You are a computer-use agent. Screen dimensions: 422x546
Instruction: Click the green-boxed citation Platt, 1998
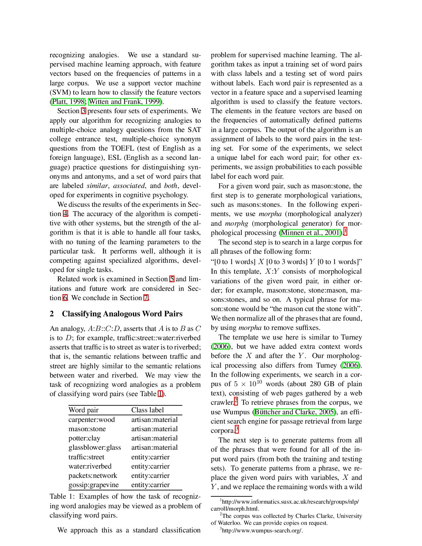click(x=69, y=102)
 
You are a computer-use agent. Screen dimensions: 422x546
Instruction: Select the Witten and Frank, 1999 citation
click(x=124, y=102)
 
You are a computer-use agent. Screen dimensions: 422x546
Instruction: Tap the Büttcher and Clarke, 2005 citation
click(x=294, y=412)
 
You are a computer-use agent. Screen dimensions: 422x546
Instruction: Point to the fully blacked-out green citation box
click(x=310, y=233)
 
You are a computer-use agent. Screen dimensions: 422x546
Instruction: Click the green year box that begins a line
click(x=221, y=346)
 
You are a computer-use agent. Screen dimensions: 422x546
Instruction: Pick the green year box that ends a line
click(x=350, y=365)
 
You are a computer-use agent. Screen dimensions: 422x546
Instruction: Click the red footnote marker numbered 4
click(x=66, y=213)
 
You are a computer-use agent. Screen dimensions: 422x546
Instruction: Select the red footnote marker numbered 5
click(x=171, y=279)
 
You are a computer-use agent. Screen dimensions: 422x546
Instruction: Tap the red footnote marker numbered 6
click(x=65, y=298)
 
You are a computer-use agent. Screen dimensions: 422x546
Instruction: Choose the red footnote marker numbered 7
click(x=146, y=298)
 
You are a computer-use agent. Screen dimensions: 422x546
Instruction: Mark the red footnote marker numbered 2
click(x=236, y=401)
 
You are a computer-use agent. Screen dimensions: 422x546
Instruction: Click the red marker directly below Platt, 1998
click(x=83, y=111)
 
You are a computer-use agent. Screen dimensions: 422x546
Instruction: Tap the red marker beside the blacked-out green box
click(x=345, y=231)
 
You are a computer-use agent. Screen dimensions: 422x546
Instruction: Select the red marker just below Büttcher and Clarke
click(x=236, y=429)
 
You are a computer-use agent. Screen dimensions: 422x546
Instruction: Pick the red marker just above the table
click(x=161, y=393)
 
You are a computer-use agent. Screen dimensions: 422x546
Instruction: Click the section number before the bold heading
click(x=51, y=314)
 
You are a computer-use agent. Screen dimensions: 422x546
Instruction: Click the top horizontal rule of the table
click(x=124, y=406)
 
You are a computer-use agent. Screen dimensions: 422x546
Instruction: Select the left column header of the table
click(x=83, y=411)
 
